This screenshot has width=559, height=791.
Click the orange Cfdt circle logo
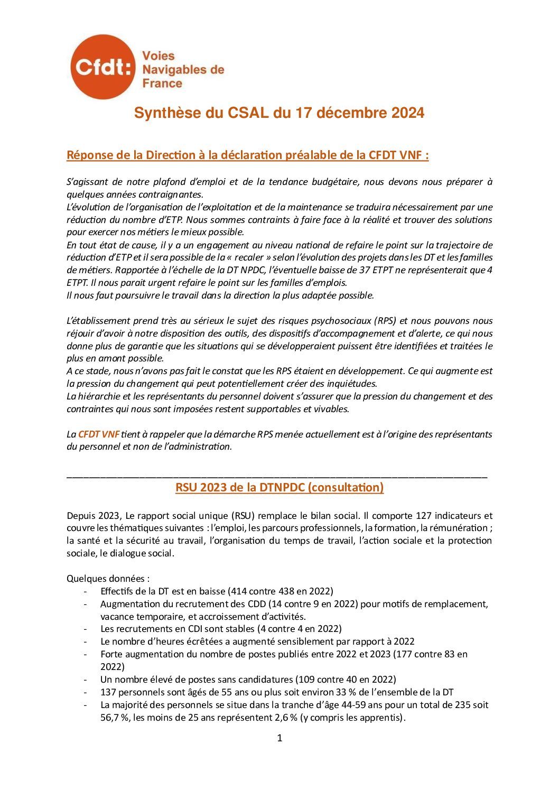pyautogui.click(x=103, y=67)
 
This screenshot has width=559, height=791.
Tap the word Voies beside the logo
pyautogui.click(x=159, y=55)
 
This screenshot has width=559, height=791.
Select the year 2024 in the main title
pyautogui.click(x=407, y=113)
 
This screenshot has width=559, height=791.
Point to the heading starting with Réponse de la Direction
pyautogui.click(x=247, y=155)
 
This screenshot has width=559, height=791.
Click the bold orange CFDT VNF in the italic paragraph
pyautogui.click(x=99, y=434)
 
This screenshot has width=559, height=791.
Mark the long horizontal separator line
pyautogui.click(x=277, y=476)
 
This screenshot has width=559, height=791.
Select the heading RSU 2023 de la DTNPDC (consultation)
pyautogui.click(x=279, y=487)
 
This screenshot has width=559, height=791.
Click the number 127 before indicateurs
pyautogui.click(x=424, y=515)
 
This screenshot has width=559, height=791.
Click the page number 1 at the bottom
pyautogui.click(x=279, y=738)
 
